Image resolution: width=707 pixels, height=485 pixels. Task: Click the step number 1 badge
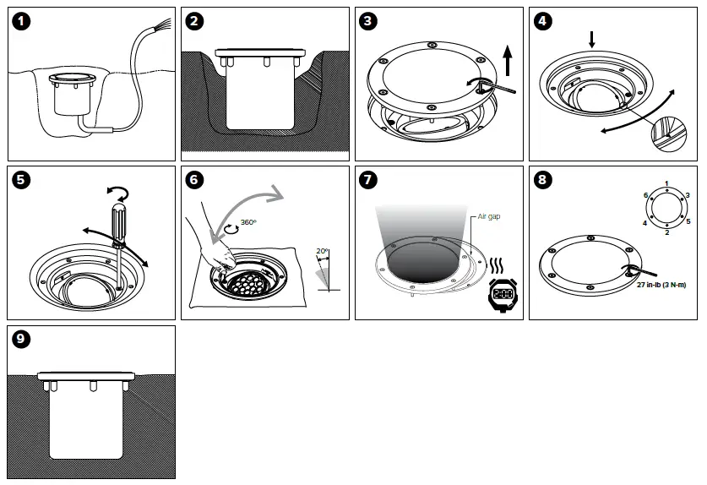pos(22,23)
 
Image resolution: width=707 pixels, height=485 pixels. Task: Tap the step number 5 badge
pos(22,180)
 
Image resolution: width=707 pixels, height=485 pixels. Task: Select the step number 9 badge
pos(22,340)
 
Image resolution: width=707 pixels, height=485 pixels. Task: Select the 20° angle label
pos(322,251)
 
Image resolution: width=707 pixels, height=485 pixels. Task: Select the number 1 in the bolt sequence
pos(666,184)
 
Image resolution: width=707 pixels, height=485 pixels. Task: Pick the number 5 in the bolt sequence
pos(688,221)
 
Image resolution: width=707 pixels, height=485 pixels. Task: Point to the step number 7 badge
pos(368,180)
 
